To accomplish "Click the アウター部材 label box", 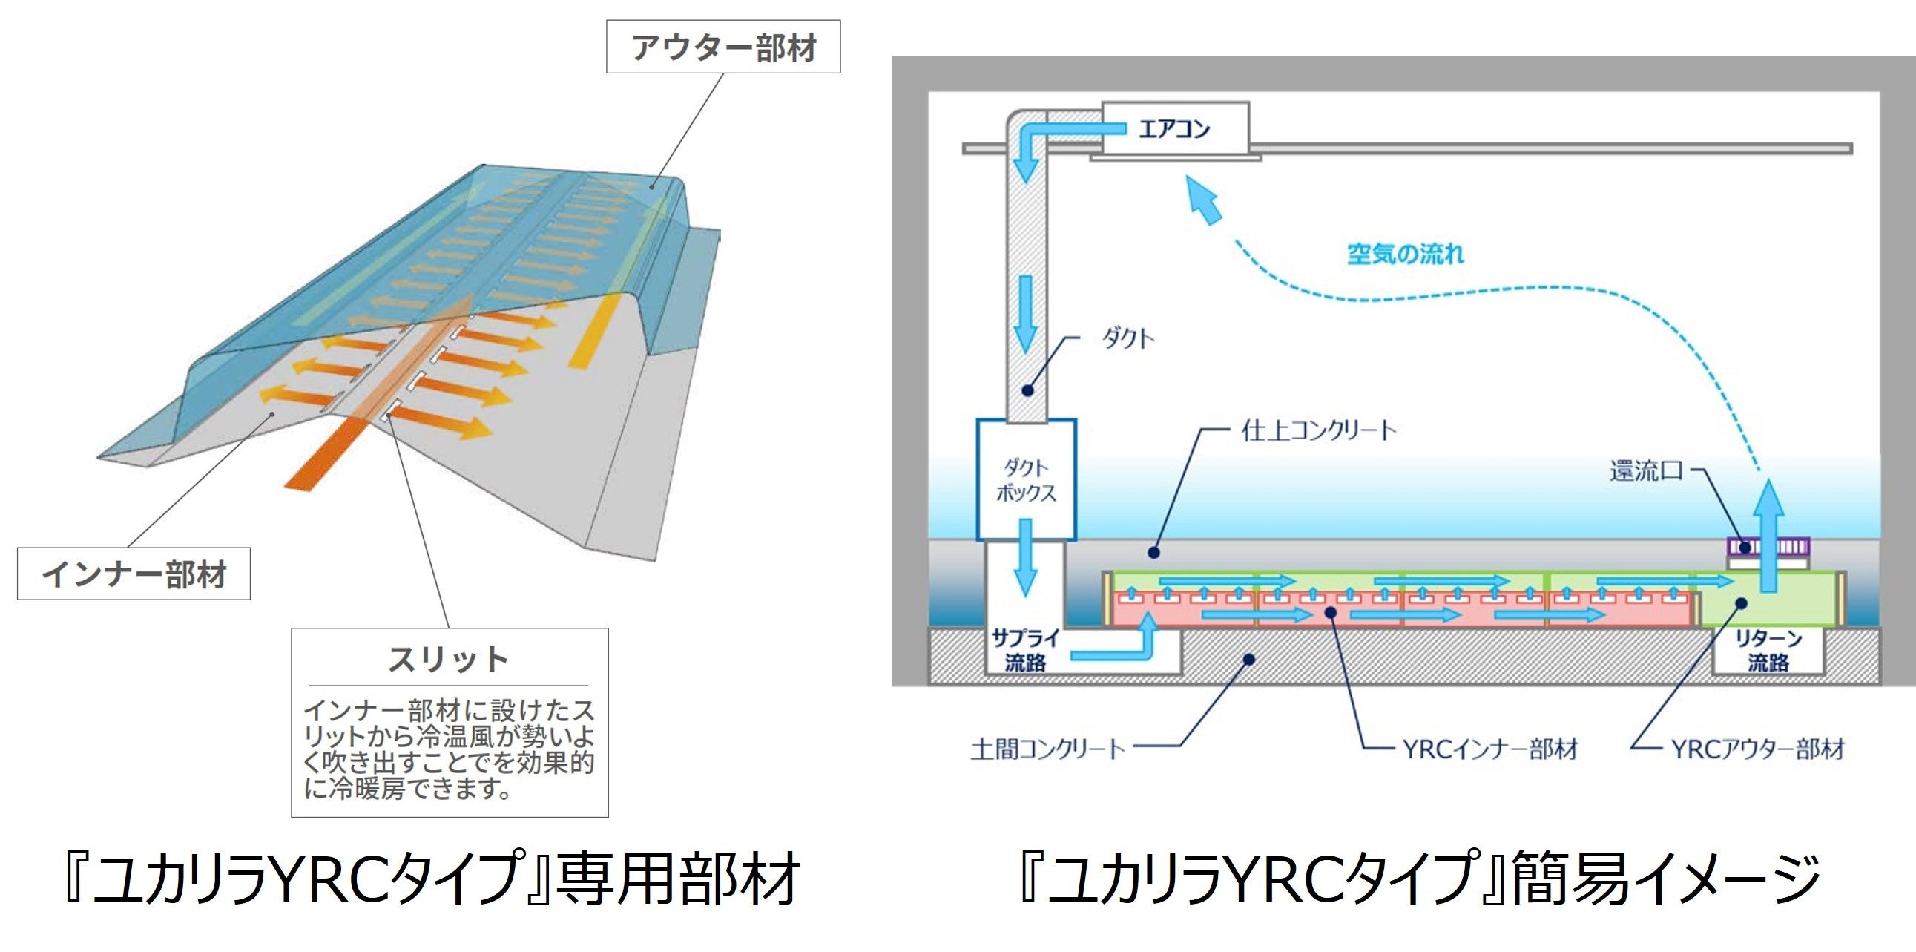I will pos(723,47).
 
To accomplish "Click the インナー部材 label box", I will pos(134,574).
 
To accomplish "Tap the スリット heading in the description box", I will pos(449,659).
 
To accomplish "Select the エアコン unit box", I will pos(1174,129).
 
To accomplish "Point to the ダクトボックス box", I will pos(1026,480).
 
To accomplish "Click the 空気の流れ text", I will pos(1405,255).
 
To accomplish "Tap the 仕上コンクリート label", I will pos(1319,430).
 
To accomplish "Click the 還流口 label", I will pos(1645,470).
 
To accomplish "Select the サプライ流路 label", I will pos(1025,650).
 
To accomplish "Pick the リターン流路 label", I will pos(1768,650).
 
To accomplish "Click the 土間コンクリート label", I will pos(1047,748).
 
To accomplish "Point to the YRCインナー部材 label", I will pos(1489,749).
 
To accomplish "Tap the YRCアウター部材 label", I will pos(1757,749).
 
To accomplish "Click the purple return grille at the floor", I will pos(1767,548).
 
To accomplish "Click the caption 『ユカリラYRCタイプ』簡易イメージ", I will pos(1417,879).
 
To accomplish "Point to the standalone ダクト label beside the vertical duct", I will pos(1127,340).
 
